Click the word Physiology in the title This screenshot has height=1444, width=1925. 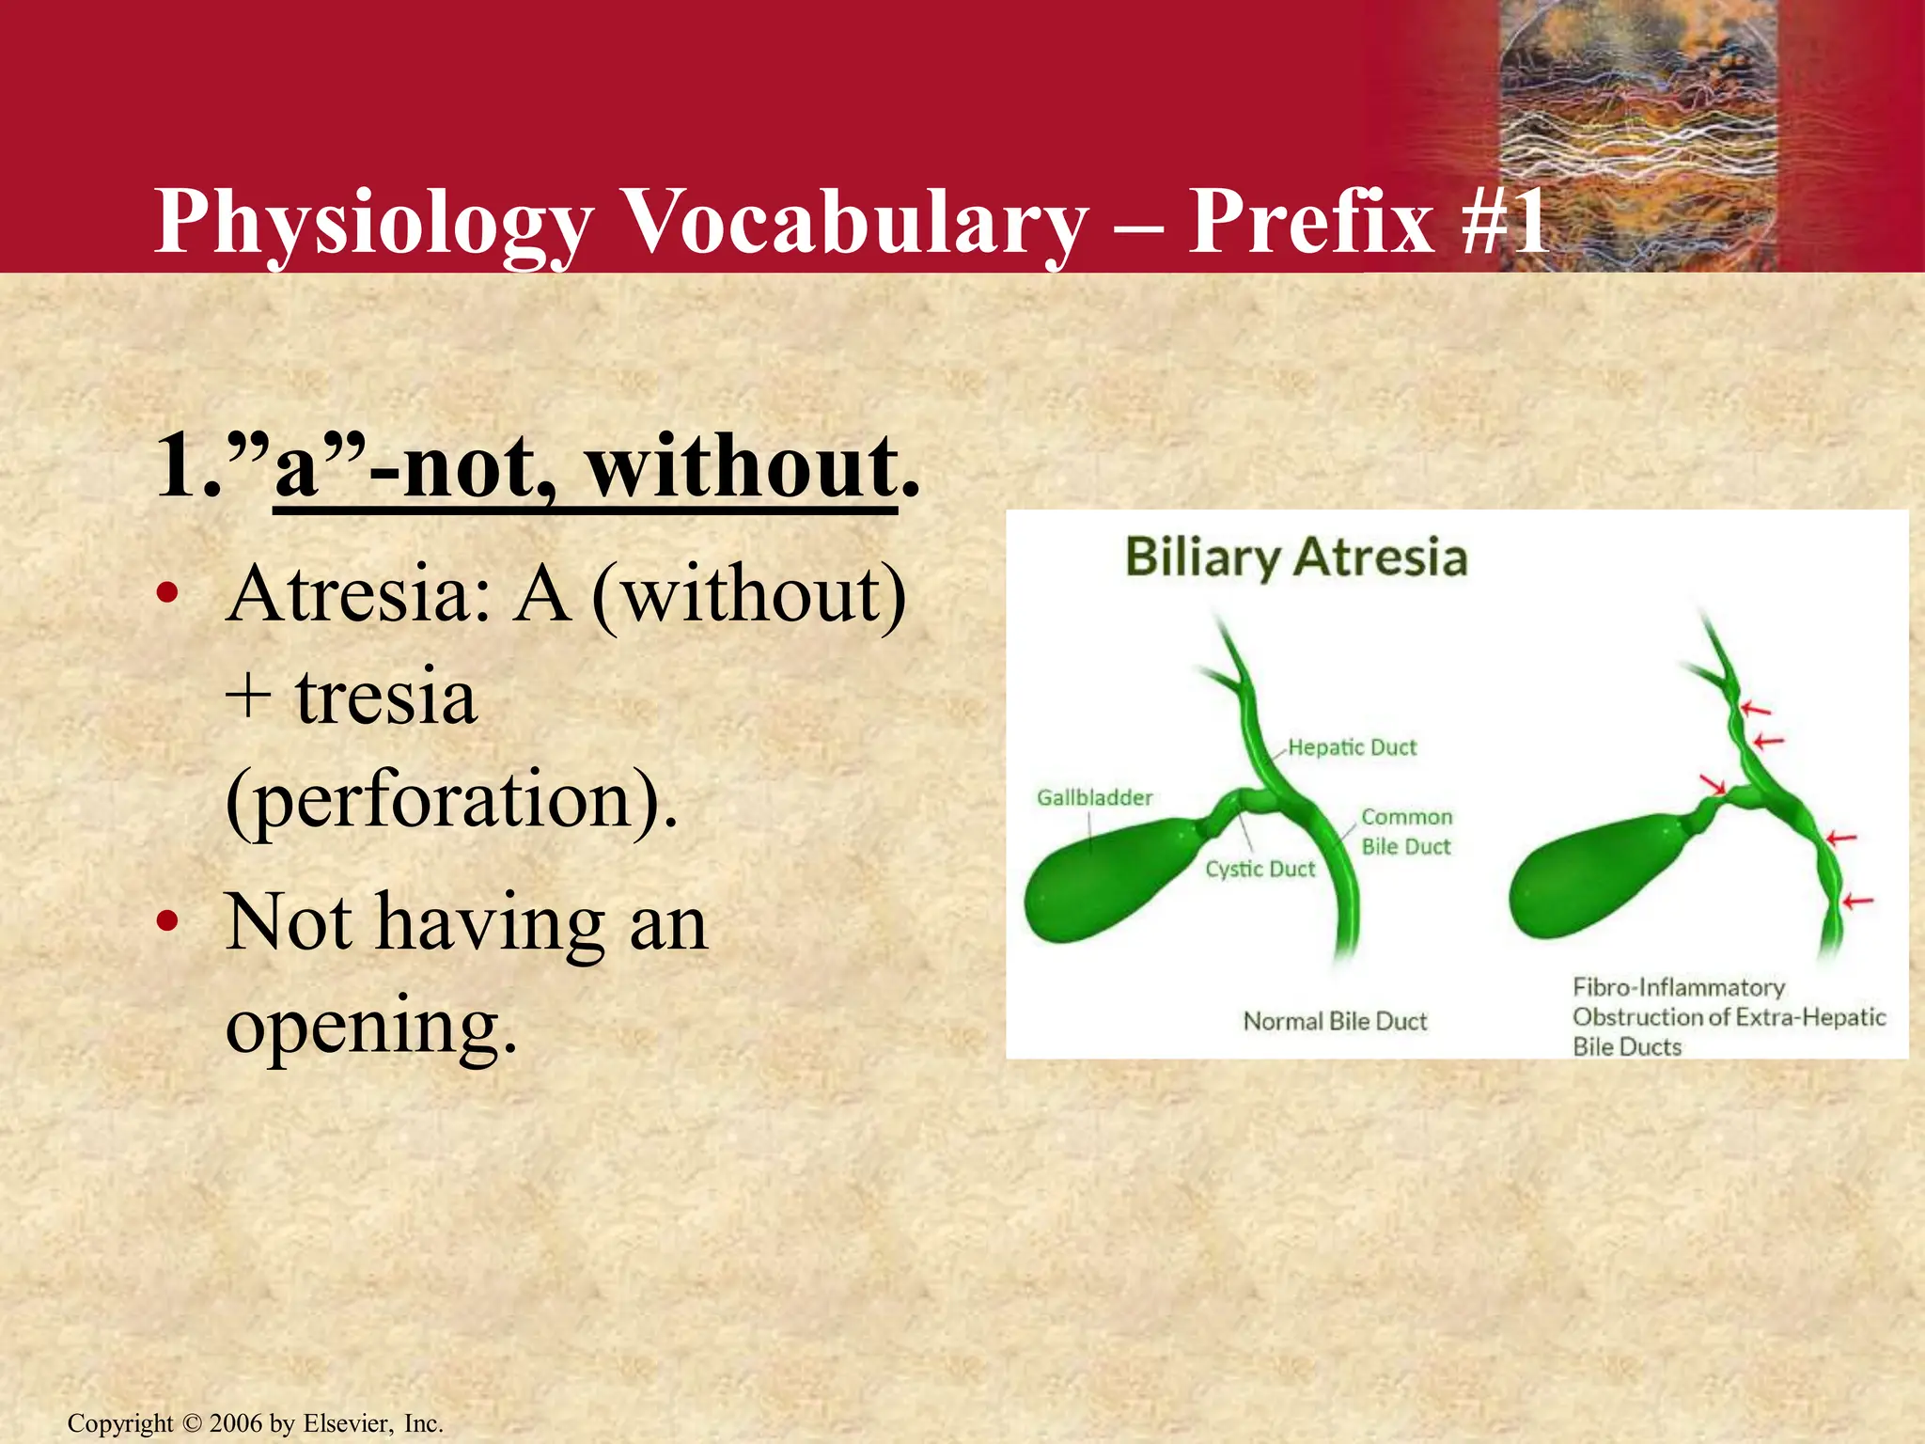point(373,223)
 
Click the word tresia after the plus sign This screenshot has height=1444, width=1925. point(385,698)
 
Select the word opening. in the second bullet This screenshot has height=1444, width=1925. point(371,1027)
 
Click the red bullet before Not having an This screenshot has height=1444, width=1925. point(167,923)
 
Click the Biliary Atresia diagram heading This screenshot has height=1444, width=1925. point(1295,557)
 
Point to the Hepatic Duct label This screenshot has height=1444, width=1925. point(1352,747)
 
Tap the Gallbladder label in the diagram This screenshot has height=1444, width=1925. point(1094,797)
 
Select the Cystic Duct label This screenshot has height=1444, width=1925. point(1260,869)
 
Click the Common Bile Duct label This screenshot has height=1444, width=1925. point(1406,832)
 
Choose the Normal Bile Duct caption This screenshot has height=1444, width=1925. point(1335,1021)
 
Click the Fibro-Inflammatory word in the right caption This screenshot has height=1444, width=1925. point(1679,987)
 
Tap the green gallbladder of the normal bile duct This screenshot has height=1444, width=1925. point(1100,879)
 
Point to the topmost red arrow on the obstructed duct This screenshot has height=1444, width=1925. point(1754,709)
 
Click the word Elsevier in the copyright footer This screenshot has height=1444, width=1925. point(347,1423)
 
